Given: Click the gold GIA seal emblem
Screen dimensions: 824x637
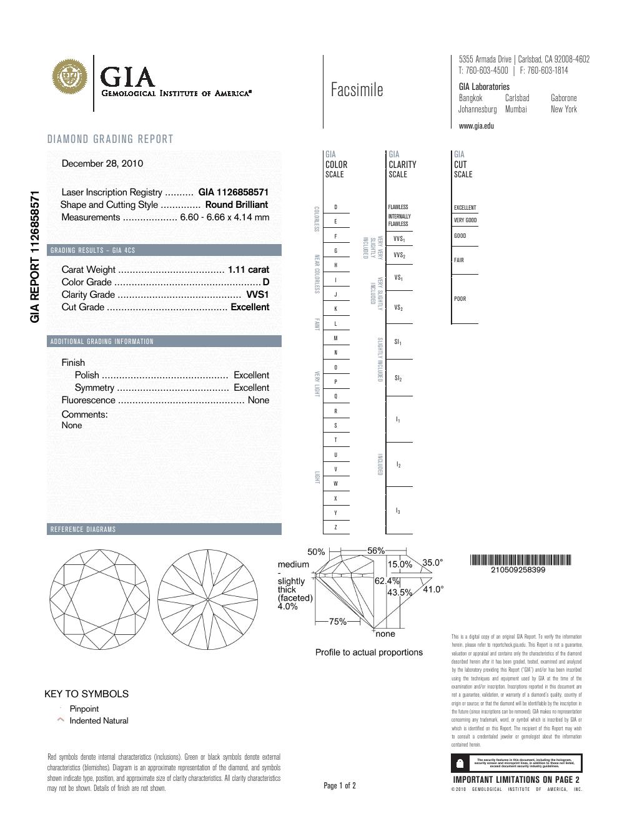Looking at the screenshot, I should (70, 79).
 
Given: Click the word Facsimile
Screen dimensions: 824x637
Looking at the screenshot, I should (357, 91).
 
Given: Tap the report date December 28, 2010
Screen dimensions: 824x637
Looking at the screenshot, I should (102, 164).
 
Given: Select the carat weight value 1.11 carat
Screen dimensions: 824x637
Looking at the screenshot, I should (249, 270).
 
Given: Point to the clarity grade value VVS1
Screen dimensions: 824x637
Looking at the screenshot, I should (257, 295).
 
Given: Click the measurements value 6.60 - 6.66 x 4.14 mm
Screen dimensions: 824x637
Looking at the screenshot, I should (224, 217).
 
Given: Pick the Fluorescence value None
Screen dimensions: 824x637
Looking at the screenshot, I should (259, 400).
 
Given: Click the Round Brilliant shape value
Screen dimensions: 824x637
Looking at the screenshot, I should (236, 205).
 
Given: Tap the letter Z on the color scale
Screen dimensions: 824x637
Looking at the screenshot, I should (336, 527).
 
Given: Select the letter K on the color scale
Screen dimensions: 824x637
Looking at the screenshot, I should (336, 309).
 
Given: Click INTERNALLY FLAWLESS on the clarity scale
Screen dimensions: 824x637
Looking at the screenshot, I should (399, 220).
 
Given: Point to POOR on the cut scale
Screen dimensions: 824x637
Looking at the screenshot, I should (460, 299).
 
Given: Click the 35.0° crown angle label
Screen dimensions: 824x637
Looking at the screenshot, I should (433, 562).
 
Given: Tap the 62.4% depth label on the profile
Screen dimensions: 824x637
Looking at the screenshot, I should (387, 581).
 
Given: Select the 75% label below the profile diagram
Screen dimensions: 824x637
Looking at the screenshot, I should (338, 622).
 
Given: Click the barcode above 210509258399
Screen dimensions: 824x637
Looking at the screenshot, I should (520, 559).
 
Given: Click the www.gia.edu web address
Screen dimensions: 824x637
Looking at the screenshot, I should (476, 125).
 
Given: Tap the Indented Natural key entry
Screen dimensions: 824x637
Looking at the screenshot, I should (99, 720).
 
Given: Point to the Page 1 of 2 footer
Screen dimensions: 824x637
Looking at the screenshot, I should (340, 785).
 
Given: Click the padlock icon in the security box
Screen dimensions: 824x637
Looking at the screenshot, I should (460, 763).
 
